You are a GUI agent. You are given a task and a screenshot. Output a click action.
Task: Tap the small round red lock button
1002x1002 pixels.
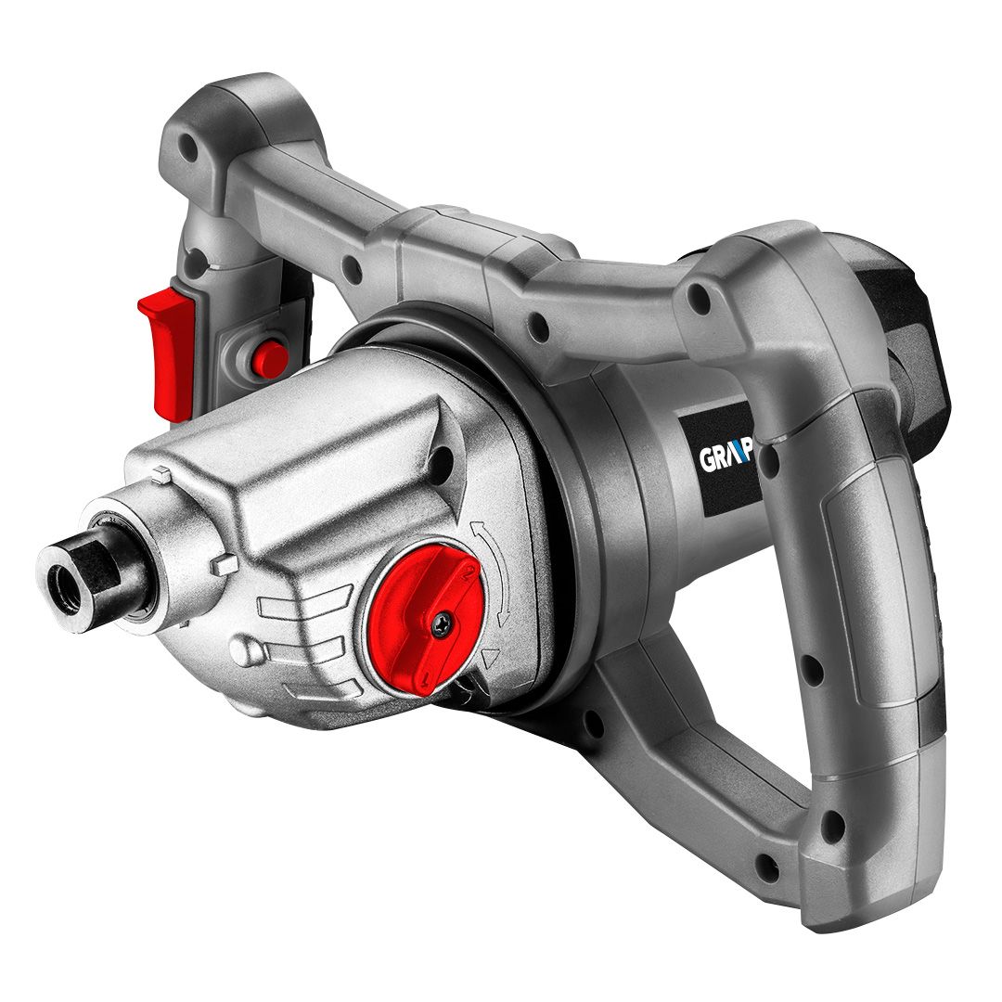(x=270, y=358)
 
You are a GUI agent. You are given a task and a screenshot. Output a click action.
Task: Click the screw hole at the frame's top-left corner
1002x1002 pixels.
(x=191, y=146)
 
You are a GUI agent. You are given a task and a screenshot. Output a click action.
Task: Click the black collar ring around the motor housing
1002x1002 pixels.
(x=594, y=520)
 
